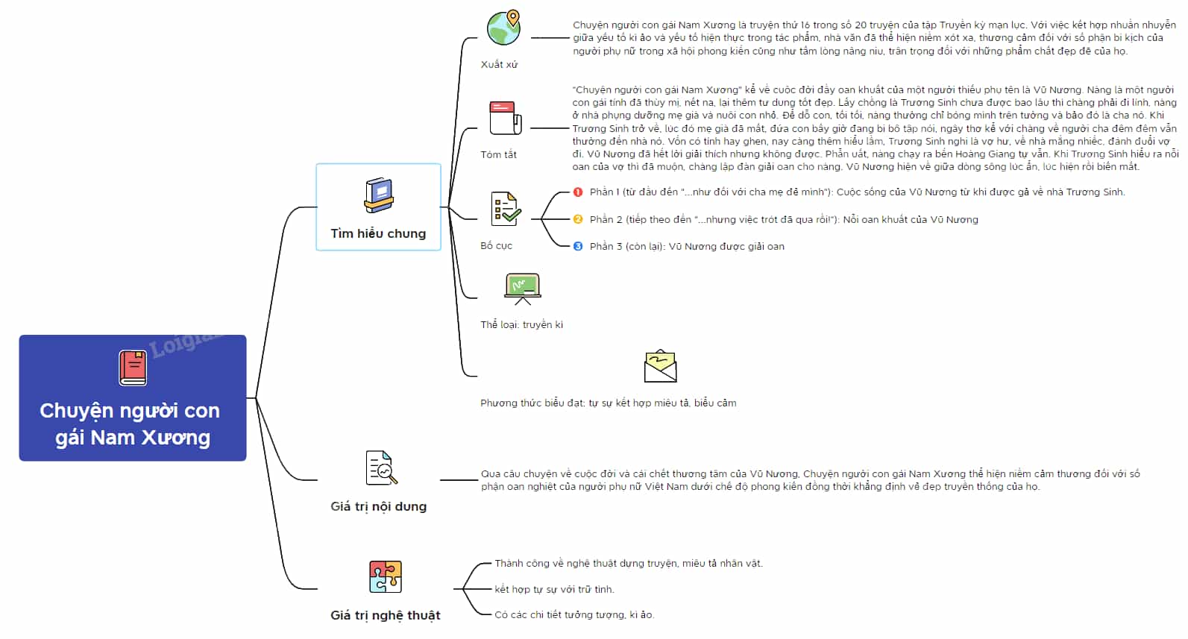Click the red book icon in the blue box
pos(133,368)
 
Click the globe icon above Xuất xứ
pos(504,28)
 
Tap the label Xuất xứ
pos(499,65)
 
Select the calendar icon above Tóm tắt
pos(505,118)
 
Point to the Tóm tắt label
pos(498,155)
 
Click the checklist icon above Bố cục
pos(506,209)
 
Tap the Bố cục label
pos(497,246)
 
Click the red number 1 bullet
pos(578,192)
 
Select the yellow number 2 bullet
pos(578,219)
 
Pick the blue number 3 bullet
pos(578,246)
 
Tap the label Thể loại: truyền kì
pos(522,324)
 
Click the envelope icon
pos(660,366)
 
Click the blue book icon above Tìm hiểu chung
pos(379,195)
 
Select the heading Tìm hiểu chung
pos(378,233)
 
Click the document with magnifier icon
pos(381,468)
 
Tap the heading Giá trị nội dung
pos(379,506)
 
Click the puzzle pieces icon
pos(386,576)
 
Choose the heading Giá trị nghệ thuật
pos(386,615)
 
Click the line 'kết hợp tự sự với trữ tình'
pos(554,589)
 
